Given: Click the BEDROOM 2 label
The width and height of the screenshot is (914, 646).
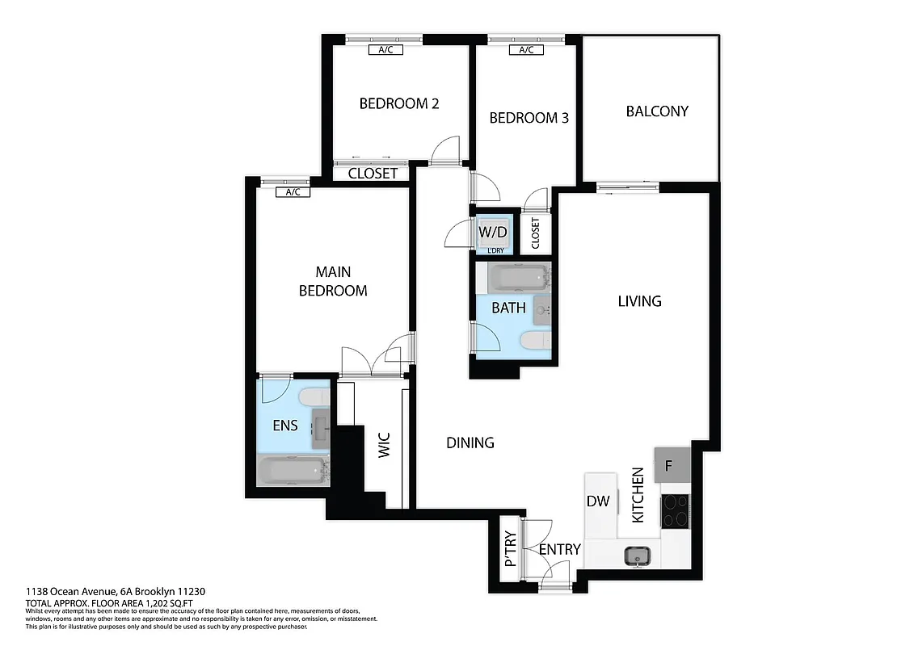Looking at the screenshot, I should [x=399, y=103].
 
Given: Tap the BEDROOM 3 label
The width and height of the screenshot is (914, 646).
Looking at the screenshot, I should [x=529, y=118].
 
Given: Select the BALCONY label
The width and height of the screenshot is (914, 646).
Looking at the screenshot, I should [x=657, y=111].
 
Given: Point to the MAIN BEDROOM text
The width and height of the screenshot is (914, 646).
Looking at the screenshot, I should [x=333, y=281].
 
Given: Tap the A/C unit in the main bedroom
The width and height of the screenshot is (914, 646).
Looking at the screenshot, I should [x=293, y=192].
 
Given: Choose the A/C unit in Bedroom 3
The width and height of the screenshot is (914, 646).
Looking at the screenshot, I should [x=525, y=50].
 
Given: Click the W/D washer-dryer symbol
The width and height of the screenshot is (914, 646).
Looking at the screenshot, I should [x=493, y=233].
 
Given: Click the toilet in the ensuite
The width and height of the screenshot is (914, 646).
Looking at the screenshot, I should [x=314, y=397].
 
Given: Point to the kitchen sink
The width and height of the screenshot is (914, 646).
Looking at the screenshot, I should [x=638, y=556].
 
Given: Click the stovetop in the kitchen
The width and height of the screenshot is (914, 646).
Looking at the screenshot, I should [x=676, y=510].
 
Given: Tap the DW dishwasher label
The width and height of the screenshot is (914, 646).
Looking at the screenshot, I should [x=598, y=501].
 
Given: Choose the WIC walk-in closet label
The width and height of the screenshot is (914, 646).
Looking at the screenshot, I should [x=385, y=447].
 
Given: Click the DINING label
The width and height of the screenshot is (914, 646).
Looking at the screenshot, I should [x=470, y=443].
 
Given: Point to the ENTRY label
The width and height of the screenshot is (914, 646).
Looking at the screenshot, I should [x=560, y=550].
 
